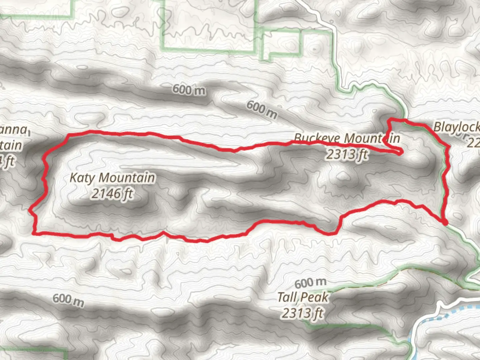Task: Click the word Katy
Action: click(x=82, y=178)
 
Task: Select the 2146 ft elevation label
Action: click(x=112, y=193)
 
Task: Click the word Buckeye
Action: click(x=317, y=138)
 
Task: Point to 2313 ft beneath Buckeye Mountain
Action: click(x=347, y=154)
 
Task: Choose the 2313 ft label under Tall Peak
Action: click(x=303, y=313)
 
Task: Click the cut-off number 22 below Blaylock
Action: click(x=473, y=143)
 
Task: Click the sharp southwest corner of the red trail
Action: click(x=34, y=233)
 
